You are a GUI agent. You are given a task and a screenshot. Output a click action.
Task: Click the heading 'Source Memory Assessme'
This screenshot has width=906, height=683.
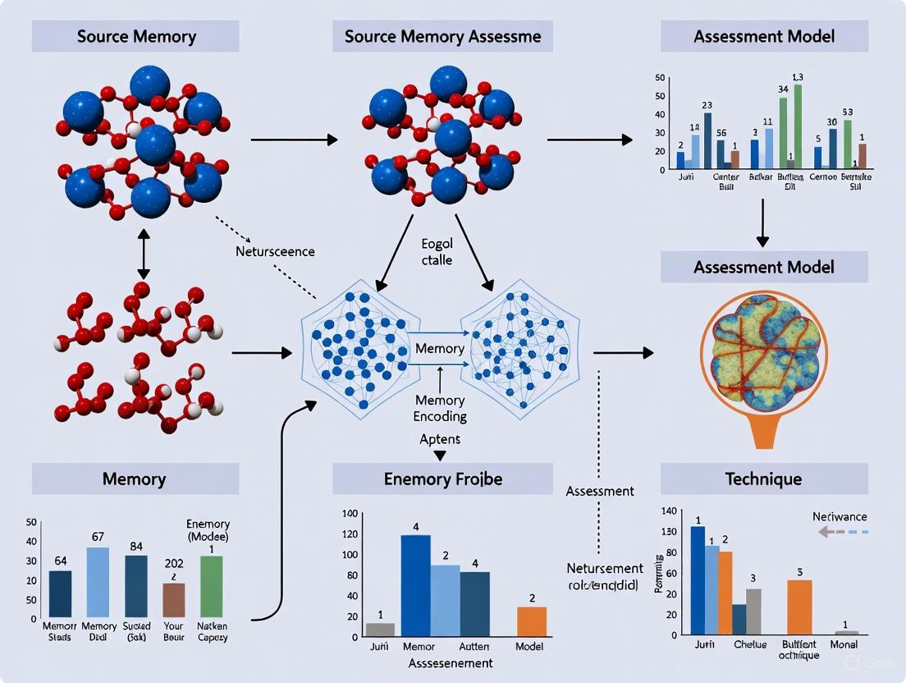click(442, 37)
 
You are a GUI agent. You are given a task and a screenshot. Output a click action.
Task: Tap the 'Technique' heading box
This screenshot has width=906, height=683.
click(764, 479)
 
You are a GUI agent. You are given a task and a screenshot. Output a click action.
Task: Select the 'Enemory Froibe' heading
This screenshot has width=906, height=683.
click(442, 479)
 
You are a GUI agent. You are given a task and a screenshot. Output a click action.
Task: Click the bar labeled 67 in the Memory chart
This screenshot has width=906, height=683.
click(98, 582)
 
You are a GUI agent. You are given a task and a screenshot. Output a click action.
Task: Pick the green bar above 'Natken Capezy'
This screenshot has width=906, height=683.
click(211, 586)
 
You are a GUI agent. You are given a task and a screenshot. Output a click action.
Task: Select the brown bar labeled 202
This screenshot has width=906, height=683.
click(174, 600)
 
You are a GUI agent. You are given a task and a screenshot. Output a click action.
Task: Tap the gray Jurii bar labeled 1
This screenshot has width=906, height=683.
click(380, 630)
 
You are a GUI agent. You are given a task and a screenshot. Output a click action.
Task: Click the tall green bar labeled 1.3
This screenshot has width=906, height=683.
click(797, 126)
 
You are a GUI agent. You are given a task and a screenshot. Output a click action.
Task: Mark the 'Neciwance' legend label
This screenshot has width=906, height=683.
click(840, 516)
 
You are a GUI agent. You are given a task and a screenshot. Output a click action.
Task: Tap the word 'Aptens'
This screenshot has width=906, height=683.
click(439, 439)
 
